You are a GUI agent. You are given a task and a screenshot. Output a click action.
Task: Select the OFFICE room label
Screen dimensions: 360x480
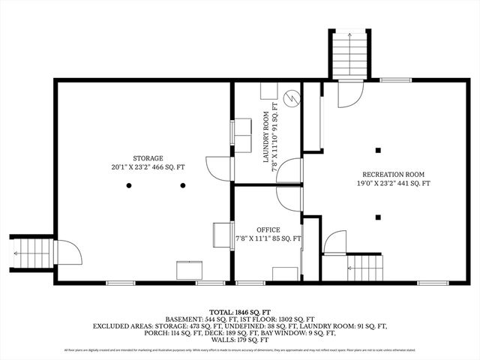(268, 229)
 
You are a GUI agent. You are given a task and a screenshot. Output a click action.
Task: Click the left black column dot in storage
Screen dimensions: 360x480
(129, 185)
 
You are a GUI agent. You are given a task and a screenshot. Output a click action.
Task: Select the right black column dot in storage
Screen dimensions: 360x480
(183, 185)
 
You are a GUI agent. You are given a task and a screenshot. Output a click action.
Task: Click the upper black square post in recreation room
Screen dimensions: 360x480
(379, 148)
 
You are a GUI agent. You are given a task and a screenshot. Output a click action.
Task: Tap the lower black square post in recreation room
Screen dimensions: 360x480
(379, 217)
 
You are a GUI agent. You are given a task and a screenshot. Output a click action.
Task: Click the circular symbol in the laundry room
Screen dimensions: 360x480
(293, 96)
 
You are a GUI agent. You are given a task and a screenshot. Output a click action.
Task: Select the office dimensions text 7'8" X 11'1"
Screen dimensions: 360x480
(268, 239)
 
